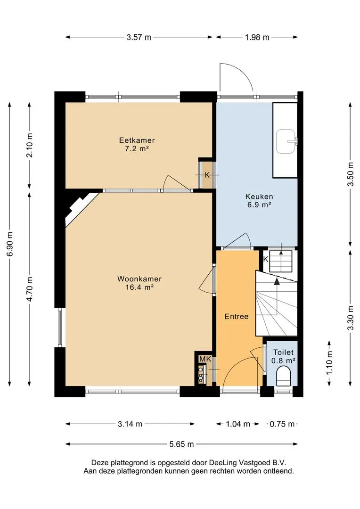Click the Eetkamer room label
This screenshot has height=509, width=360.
(x=137, y=140)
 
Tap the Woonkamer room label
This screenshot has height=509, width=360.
(x=139, y=279)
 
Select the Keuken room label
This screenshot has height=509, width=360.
(x=259, y=197)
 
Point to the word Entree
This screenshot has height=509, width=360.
(x=237, y=317)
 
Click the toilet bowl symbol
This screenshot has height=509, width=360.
(x=283, y=376)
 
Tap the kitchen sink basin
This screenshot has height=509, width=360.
(x=286, y=141)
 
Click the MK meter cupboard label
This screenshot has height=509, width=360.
(x=205, y=359)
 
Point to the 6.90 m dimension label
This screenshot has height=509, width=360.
(x=10, y=244)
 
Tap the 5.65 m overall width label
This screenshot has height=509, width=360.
(x=181, y=444)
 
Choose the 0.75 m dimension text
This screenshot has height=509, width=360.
(x=282, y=424)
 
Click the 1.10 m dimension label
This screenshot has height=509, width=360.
(x=329, y=362)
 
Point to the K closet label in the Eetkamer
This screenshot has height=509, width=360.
(x=207, y=175)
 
